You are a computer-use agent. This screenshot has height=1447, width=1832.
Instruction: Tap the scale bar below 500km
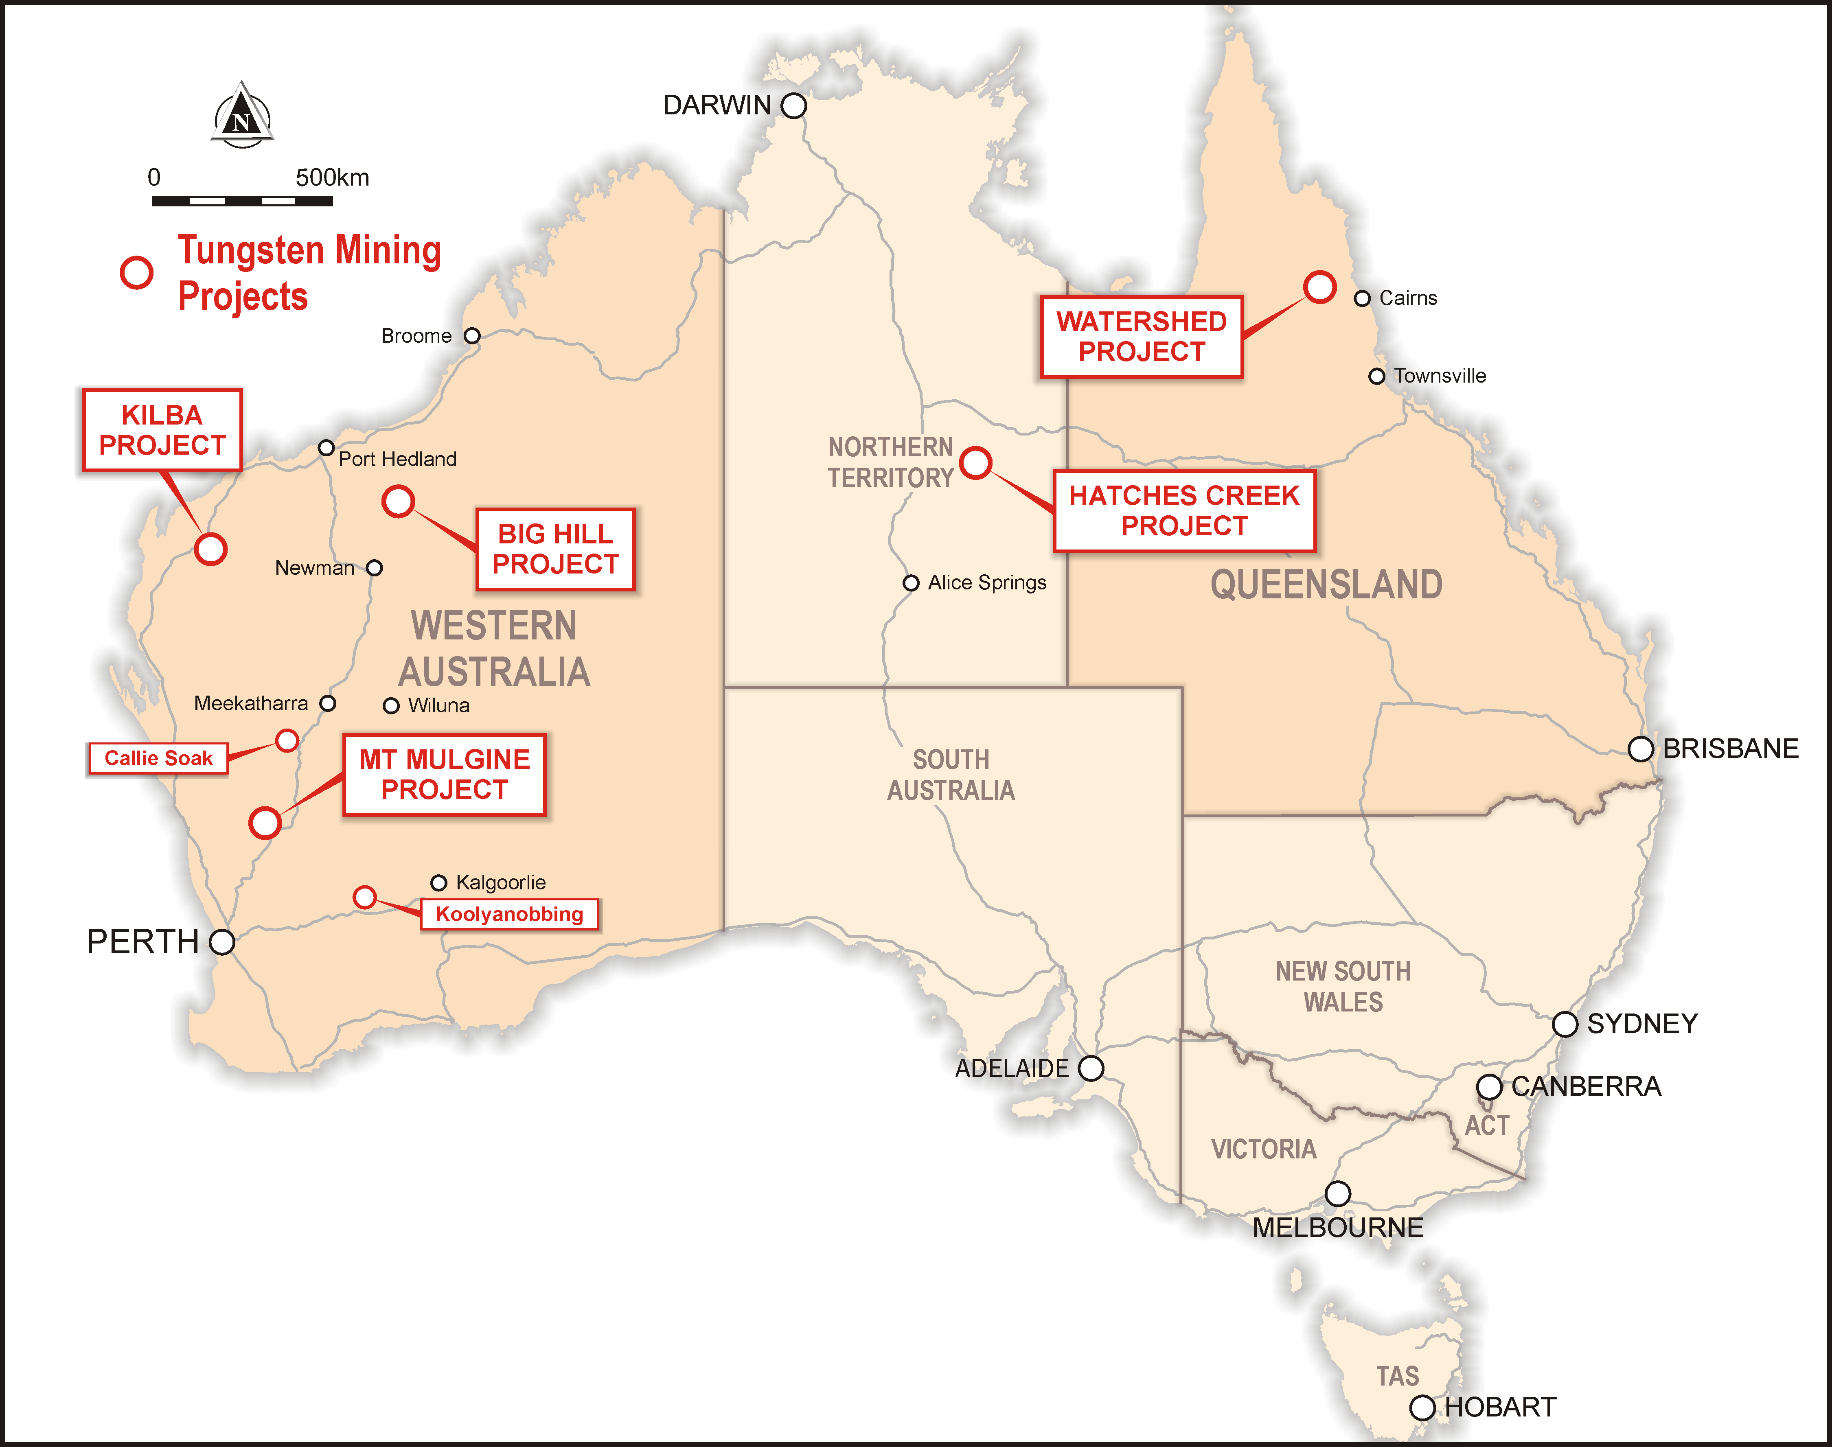pyautogui.click(x=242, y=201)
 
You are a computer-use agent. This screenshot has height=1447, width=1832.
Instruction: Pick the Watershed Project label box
pyautogui.click(x=1142, y=336)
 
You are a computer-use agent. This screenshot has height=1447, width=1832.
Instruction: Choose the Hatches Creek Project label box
pyautogui.click(x=1184, y=511)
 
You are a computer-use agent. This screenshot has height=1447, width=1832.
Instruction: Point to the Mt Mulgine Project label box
pyautogui.click(x=444, y=774)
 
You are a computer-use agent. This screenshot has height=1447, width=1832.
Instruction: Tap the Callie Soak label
pyautogui.click(x=158, y=758)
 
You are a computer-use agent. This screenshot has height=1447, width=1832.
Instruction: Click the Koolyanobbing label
pyautogui.click(x=509, y=914)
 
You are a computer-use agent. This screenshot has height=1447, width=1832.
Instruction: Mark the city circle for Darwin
pyautogui.click(x=793, y=106)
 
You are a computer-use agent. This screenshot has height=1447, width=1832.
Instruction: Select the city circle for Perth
pyautogui.click(x=222, y=941)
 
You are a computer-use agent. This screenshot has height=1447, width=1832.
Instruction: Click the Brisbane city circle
pyautogui.click(x=1641, y=749)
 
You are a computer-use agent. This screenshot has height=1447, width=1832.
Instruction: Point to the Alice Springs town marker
pyautogui.click(x=911, y=583)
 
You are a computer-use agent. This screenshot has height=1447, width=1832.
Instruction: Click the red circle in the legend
pyautogui.click(x=136, y=273)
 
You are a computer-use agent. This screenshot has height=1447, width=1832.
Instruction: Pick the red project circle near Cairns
pyautogui.click(x=1319, y=287)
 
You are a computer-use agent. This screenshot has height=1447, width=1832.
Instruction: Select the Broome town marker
pyautogui.click(x=472, y=336)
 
